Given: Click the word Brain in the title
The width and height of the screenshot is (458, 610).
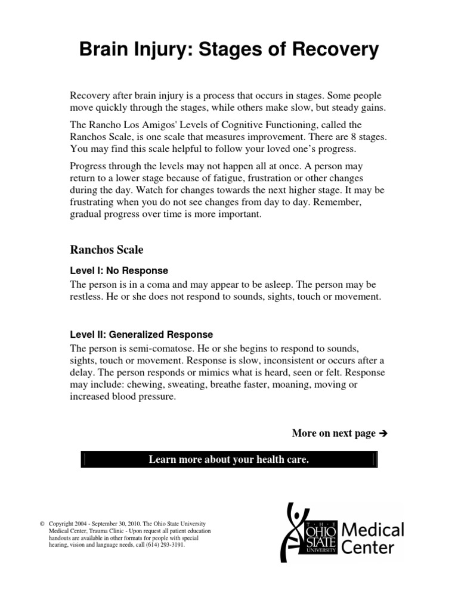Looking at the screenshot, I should pyautogui.click(x=104, y=51).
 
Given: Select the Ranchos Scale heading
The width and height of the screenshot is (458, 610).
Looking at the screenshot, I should pyautogui.click(x=107, y=250).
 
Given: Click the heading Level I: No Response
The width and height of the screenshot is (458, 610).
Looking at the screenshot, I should pyautogui.click(x=119, y=270).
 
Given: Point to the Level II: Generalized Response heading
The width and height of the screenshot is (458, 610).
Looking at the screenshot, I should pyautogui.click(x=141, y=335).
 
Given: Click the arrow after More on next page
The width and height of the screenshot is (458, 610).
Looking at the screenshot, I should pyautogui.click(x=383, y=434).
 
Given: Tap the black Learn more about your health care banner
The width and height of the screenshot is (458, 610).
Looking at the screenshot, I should pyautogui.click(x=229, y=459).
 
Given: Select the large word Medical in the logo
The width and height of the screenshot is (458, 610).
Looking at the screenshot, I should pyautogui.click(x=375, y=529).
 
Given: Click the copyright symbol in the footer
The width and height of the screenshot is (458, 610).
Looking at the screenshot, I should pyautogui.click(x=42, y=523).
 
